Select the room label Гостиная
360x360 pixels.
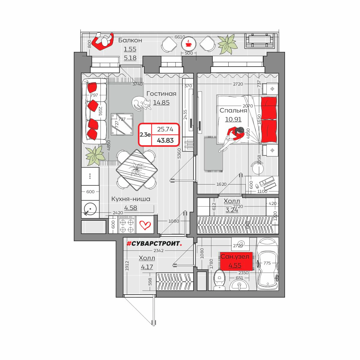tap(161, 94)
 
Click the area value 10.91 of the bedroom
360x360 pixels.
tap(233, 119)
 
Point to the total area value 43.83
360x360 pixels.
tap(165, 140)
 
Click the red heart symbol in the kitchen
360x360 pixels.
tap(145, 225)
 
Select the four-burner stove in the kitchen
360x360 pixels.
tap(127, 225)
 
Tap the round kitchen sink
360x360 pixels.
tap(90, 209)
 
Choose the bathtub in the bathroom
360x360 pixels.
tap(268, 264)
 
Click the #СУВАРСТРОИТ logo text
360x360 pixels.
tap(154, 243)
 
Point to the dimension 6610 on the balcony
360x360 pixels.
tap(179, 37)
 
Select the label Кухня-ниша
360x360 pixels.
tap(130, 199)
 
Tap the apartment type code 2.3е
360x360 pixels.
tap(145, 134)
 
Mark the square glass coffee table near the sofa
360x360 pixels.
tap(122, 124)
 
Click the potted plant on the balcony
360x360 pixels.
tap(227, 44)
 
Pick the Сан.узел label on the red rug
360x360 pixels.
tap(235, 256)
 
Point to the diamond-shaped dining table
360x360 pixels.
tap(136, 170)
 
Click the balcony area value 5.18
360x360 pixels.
tap(130, 58)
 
